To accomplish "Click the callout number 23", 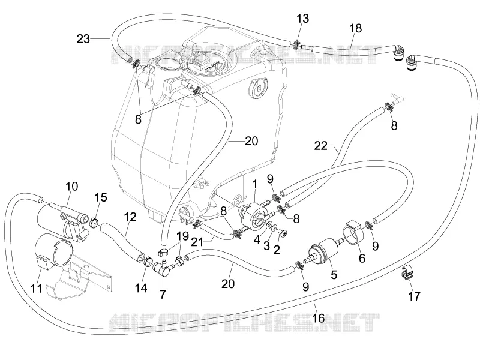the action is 83,39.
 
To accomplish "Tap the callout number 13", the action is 302,19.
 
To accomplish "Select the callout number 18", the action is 355,28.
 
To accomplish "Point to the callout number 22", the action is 320,146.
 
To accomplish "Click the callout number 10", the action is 71,186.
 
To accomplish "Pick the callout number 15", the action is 100,197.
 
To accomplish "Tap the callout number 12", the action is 130,217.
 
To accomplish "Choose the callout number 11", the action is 36,288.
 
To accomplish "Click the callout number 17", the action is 414,296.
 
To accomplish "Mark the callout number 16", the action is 318,318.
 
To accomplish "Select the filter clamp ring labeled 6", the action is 354,232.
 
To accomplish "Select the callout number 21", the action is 197,242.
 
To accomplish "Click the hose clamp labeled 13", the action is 296,44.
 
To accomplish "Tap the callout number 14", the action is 141,288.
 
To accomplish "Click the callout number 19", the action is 182,236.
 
